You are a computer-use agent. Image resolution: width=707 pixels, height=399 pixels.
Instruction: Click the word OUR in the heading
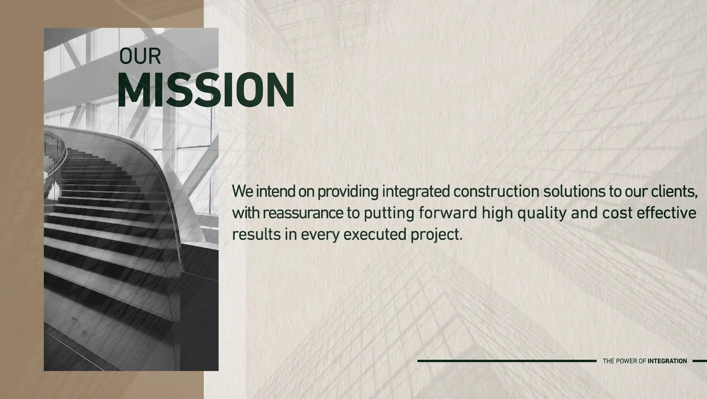[140, 56]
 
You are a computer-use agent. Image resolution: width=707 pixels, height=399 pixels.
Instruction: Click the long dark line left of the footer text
[507, 361]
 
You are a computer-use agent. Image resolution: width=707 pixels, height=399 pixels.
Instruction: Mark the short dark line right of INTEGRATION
[700, 361]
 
